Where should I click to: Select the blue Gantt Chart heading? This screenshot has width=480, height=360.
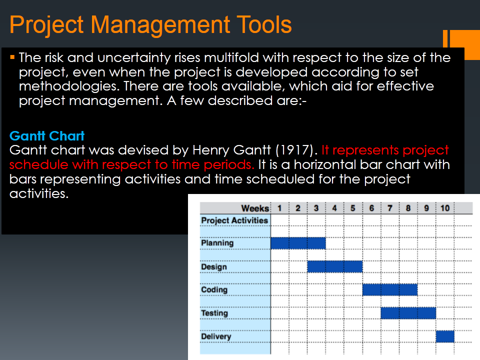pyautogui.click(x=47, y=136)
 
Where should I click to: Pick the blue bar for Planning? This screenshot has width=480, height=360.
pyautogui.click(x=298, y=243)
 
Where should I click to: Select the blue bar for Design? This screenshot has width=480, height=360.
pyautogui.click(x=334, y=266)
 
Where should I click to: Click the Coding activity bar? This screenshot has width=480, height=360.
pyautogui.click(x=389, y=289)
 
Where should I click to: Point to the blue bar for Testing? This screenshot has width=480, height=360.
pyautogui.click(x=408, y=313)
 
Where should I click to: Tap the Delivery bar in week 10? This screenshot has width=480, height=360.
pyautogui.click(x=444, y=336)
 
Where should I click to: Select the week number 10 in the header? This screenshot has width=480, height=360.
pyautogui.click(x=444, y=208)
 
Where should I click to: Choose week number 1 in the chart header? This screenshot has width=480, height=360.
pyautogui.click(x=279, y=208)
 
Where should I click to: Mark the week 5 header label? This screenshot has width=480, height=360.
pyautogui.click(x=353, y=208)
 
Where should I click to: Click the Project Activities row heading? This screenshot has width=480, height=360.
pyautogui.click(x=234, y=220)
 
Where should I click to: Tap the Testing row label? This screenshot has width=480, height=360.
pyautogui.click(x=214, y=313)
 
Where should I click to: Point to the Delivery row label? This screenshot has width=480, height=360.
pyautogui.click(x=216, y=336)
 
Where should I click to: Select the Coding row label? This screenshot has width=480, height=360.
pyautogui.click(x=214, y=289)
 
